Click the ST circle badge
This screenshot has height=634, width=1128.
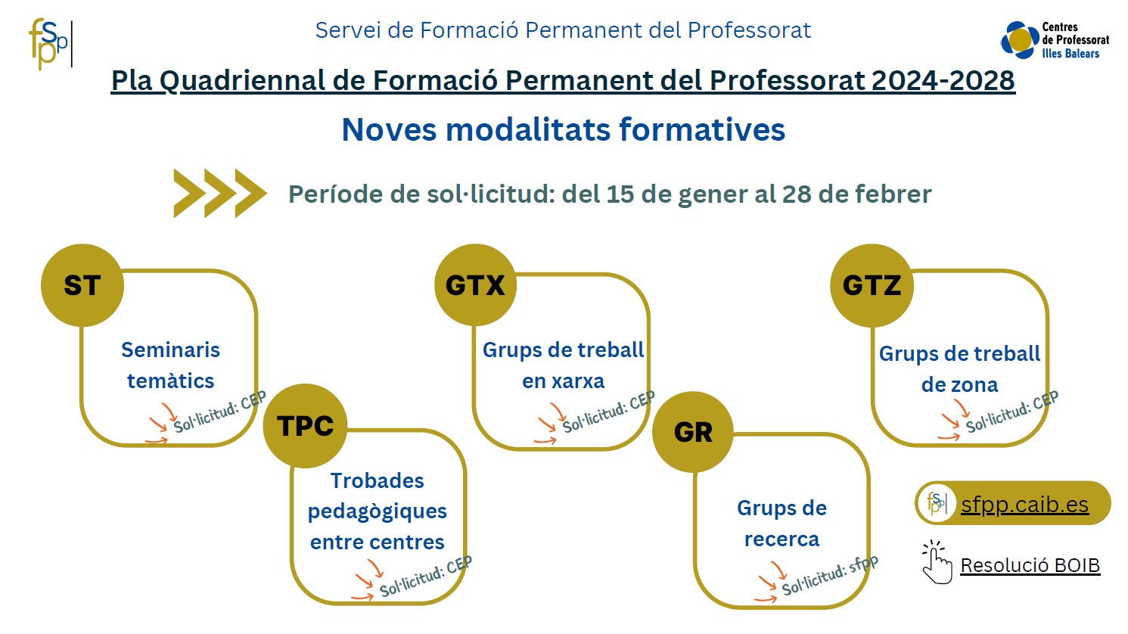point(82,285)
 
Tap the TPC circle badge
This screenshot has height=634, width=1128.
point(305,426)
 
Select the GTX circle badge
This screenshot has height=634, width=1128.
point(475,285)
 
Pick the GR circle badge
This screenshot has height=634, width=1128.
point(693,432)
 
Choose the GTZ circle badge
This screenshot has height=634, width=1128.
point(872,285)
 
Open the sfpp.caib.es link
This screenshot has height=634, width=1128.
point(1025,504)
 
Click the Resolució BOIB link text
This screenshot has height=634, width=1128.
point(1030,565)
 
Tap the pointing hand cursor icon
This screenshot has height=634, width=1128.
point(937,562)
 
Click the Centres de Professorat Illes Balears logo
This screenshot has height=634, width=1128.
point(1055,40)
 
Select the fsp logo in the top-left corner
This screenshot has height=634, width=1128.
point(51,44)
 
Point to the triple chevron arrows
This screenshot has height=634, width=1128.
point(220,194)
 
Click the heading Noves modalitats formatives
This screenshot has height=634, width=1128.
point(563,129)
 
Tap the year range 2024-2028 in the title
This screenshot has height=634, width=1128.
point(943,80)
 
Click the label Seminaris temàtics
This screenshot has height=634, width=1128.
point(171,365)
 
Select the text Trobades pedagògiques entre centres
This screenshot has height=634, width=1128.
point(378,511)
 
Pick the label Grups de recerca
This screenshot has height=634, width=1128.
point(782,524)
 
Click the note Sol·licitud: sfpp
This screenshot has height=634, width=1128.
point(830,575)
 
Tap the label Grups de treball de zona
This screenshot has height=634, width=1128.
point(959,369)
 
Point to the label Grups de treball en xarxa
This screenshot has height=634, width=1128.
point(563,365)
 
